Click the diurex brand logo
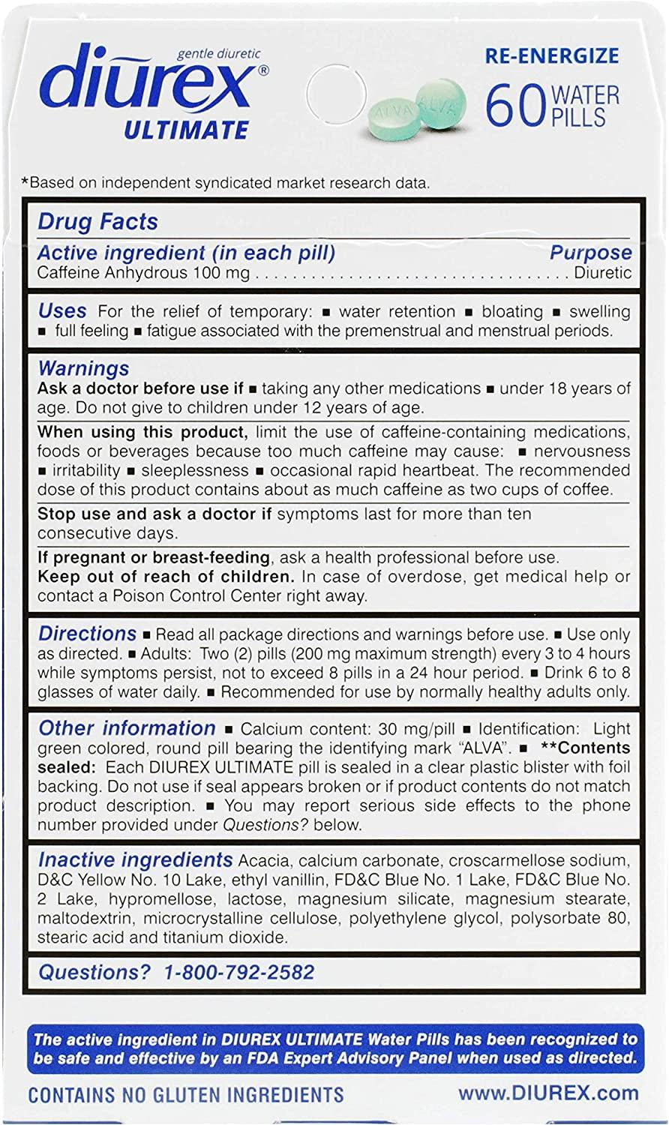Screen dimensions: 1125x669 [x=150, y=88]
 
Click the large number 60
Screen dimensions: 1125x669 [x=514, y=105]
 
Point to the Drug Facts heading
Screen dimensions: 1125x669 [x=97, y=222]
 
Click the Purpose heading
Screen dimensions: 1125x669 [x=590, y=253]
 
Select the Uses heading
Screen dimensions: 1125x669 [x=62, y=310]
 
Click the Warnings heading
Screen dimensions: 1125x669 [x=83, y=368]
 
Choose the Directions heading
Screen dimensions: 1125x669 [x=87, y=633]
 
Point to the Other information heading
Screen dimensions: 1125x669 [x=127, y=727]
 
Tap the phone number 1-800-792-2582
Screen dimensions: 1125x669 [x=238, y=972]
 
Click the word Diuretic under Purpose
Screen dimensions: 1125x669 [x=603, y=272]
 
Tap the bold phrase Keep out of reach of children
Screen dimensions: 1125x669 [x=165, y=577]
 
